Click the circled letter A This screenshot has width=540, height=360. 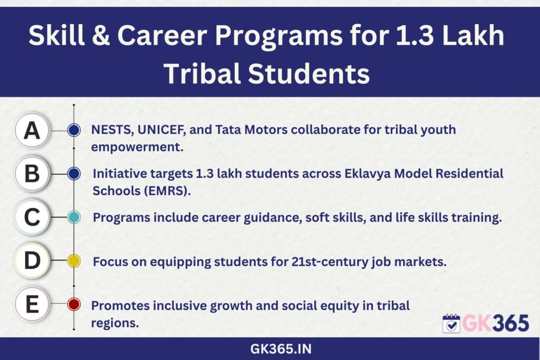32,130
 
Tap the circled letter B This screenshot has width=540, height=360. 32,173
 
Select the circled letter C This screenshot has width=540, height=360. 32,217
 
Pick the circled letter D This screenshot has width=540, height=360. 32,260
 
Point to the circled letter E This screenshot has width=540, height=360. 32,304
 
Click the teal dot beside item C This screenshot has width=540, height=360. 74,217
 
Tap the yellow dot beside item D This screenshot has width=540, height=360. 74,261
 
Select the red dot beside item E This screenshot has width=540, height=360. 74,304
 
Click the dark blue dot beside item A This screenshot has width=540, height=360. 74,130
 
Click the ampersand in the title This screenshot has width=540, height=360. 101,35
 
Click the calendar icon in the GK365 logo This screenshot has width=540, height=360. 451,324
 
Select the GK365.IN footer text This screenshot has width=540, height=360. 281,349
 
